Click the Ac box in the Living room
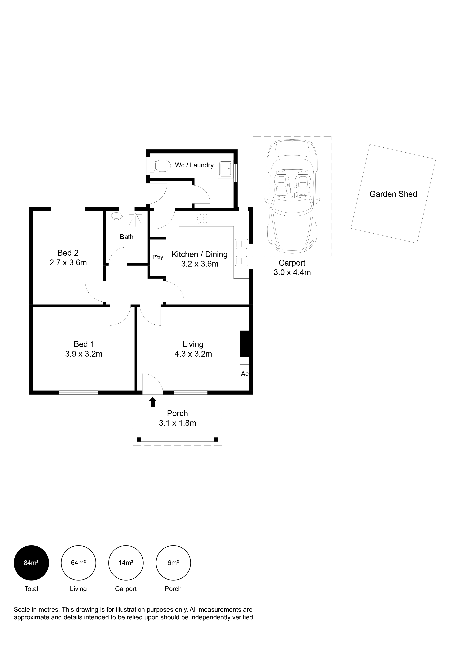coord(244,374)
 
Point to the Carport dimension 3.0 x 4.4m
coord(292,272)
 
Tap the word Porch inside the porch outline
coord(177,413)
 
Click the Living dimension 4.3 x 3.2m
coord(193,354)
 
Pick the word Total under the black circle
coord(31,589)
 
